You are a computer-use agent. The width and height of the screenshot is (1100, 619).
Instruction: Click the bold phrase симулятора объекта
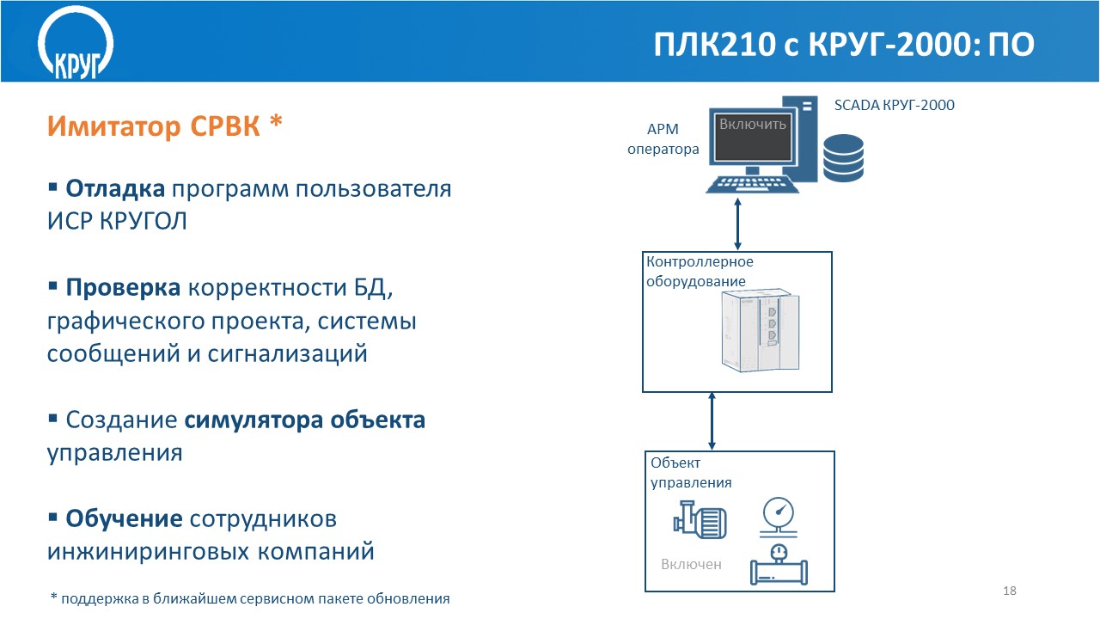pos(305,420)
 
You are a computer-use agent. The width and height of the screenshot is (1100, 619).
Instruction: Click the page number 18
pos(1010,591)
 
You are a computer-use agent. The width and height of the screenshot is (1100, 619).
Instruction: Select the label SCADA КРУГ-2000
pos(895,105)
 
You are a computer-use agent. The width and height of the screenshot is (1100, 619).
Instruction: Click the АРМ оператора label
pos(663,139)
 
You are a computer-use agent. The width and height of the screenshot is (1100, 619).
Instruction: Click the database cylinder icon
pos(843,157)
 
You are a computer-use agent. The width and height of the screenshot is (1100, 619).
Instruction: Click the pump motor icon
pos(701,520)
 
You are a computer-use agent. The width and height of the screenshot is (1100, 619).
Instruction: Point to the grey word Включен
pos(691,565)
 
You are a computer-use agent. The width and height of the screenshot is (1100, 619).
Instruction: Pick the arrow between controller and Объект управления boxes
pos(712,420)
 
